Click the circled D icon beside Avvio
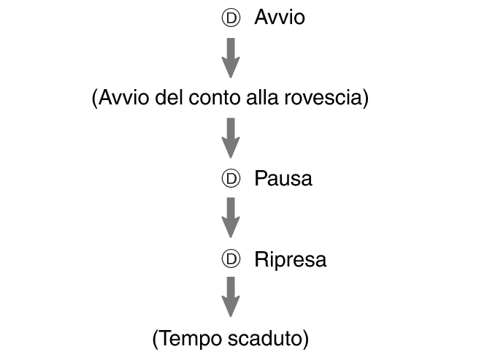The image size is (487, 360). click(x=231, y=18)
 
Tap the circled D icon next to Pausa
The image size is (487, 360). click(x=231, y=179)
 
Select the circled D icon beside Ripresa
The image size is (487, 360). click(x=231, y=258)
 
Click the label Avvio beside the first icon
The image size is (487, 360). click(x=280, y=17)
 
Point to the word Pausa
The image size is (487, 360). click(x=283, y=179)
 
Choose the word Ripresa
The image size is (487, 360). click(x=291, y=259)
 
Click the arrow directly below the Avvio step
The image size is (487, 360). click(x=231, y=58)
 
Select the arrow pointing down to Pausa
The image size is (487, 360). click(x=231, y=138)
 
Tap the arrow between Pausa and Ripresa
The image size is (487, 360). click(x=231, y=218)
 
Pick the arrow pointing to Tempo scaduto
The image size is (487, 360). click(x=231, y=297)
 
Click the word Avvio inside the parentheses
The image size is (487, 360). click(x=123, y=97)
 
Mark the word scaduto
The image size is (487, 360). click(x=265, y=339)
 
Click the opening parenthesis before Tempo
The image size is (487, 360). click(x=156, y=340)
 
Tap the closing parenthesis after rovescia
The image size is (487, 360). click(x=366, y=98)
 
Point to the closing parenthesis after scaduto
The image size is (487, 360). click(x=306, y=340)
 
